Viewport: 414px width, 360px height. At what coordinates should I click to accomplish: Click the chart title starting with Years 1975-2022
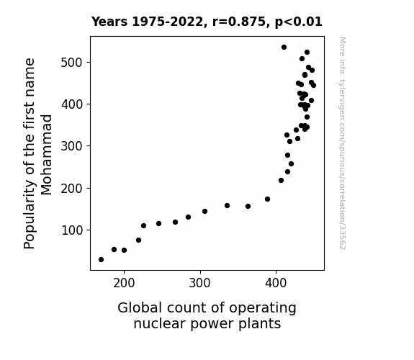(x=207, y=22)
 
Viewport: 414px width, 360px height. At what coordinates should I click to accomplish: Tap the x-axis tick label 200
(x=124, y=284)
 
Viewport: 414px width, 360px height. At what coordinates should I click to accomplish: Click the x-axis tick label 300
(x=199, y=284)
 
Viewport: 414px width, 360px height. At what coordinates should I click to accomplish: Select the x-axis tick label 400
(x=276, y=284)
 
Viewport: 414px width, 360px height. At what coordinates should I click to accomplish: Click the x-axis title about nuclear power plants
(x=207, y=316)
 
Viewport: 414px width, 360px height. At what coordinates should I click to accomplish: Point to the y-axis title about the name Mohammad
(x=37, y=153)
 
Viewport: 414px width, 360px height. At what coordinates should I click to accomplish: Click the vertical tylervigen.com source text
(x=342, y=143)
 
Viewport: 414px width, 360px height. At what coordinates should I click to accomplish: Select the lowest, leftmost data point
(x=101, y=260)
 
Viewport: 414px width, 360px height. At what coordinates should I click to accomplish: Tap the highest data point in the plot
(x=284, y=48)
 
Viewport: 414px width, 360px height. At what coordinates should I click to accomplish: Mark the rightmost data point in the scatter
(x=313, y=85)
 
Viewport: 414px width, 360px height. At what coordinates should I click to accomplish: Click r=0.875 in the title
(x=239, y=22)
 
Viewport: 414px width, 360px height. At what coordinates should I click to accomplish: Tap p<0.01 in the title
(x=299, y=22)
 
